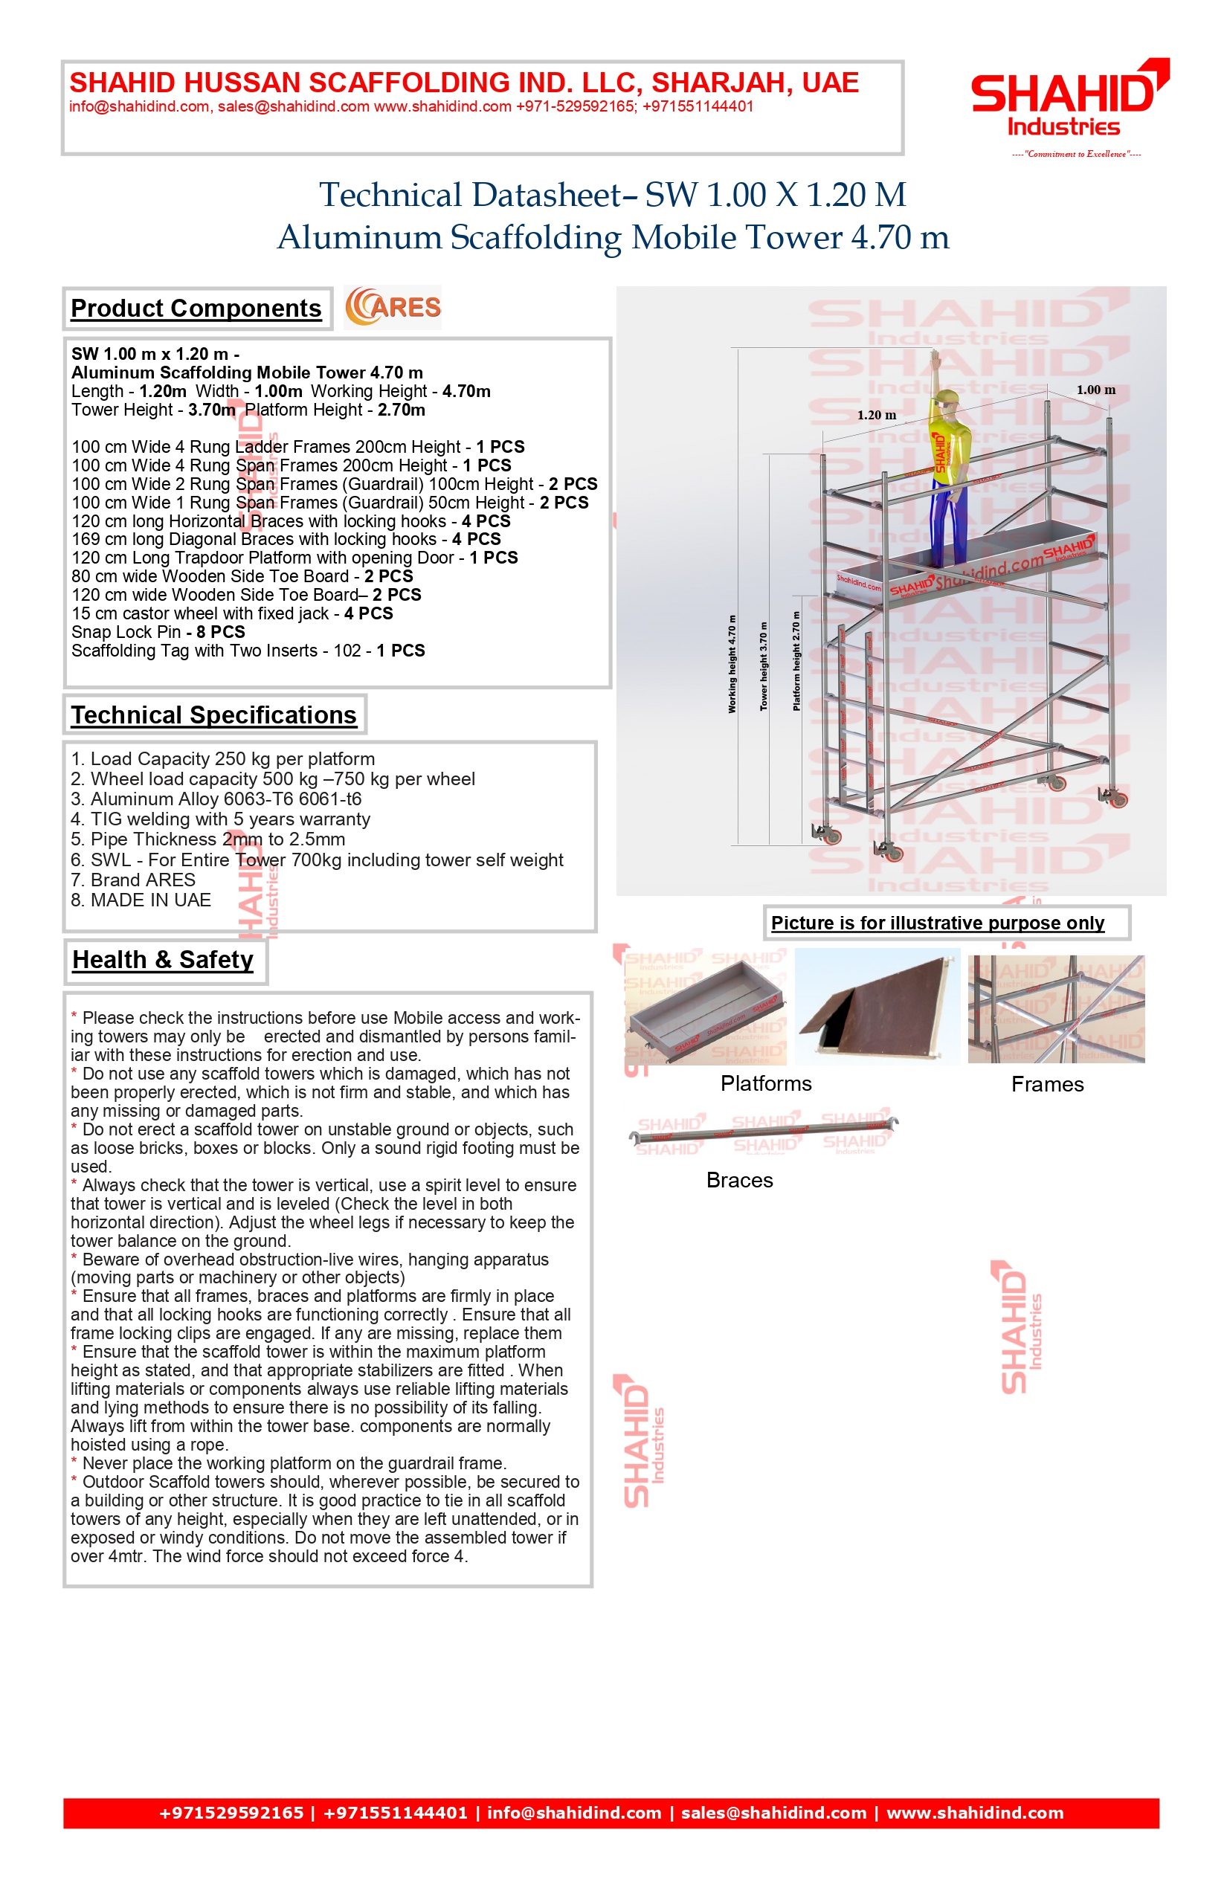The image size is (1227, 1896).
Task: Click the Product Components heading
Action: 196,309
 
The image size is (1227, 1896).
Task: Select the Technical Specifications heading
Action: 213,715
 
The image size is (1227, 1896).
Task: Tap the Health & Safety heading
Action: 163,960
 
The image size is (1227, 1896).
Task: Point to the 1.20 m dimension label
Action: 877,415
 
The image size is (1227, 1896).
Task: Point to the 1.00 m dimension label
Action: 1095,390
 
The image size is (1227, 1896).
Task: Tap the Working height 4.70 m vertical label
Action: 732,663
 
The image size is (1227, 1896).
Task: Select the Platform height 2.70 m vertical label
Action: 796,660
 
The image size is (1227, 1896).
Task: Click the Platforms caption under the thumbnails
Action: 766,1083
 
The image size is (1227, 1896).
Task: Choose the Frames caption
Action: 1047,1084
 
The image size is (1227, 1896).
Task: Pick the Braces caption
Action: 739,1180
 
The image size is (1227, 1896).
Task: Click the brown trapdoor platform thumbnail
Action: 877,1006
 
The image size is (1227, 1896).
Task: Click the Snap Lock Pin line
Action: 158,632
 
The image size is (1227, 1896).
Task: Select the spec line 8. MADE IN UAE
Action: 141,900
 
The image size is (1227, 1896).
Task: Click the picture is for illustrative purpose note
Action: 938,923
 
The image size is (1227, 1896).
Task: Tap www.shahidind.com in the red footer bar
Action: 974,1813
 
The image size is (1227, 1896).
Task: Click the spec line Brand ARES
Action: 133,880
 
